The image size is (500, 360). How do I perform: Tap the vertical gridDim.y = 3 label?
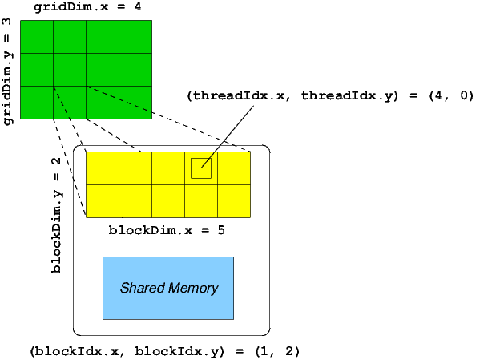(x=8, y=79)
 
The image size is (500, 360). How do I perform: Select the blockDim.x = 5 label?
(x=167, y=231)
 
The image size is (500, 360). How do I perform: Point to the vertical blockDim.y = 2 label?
(x=56, y=214)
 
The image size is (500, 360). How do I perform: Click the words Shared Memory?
(x=168, y=289)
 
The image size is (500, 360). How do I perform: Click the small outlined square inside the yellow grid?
(x=201, y=168)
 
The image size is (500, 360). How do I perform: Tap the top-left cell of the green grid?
(x=36, y=36)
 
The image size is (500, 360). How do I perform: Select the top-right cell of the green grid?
(x=135, y=36)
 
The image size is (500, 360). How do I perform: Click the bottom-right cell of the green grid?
(x=135, y=102)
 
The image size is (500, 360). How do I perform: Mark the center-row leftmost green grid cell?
(x=36, y=69)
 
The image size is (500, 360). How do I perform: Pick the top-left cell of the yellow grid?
(x=102, y=168)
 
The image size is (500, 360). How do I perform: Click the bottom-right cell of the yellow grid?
(x=234, y=200)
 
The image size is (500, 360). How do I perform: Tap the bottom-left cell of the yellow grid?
(x=102, y=200)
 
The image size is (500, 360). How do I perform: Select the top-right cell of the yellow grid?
(x=234, y=168)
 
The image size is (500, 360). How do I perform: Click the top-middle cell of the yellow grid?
(x=167, y=168)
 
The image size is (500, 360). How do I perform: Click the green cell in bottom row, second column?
(x=69, y=102)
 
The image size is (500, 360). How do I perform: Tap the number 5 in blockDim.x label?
(x=222, y=231)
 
